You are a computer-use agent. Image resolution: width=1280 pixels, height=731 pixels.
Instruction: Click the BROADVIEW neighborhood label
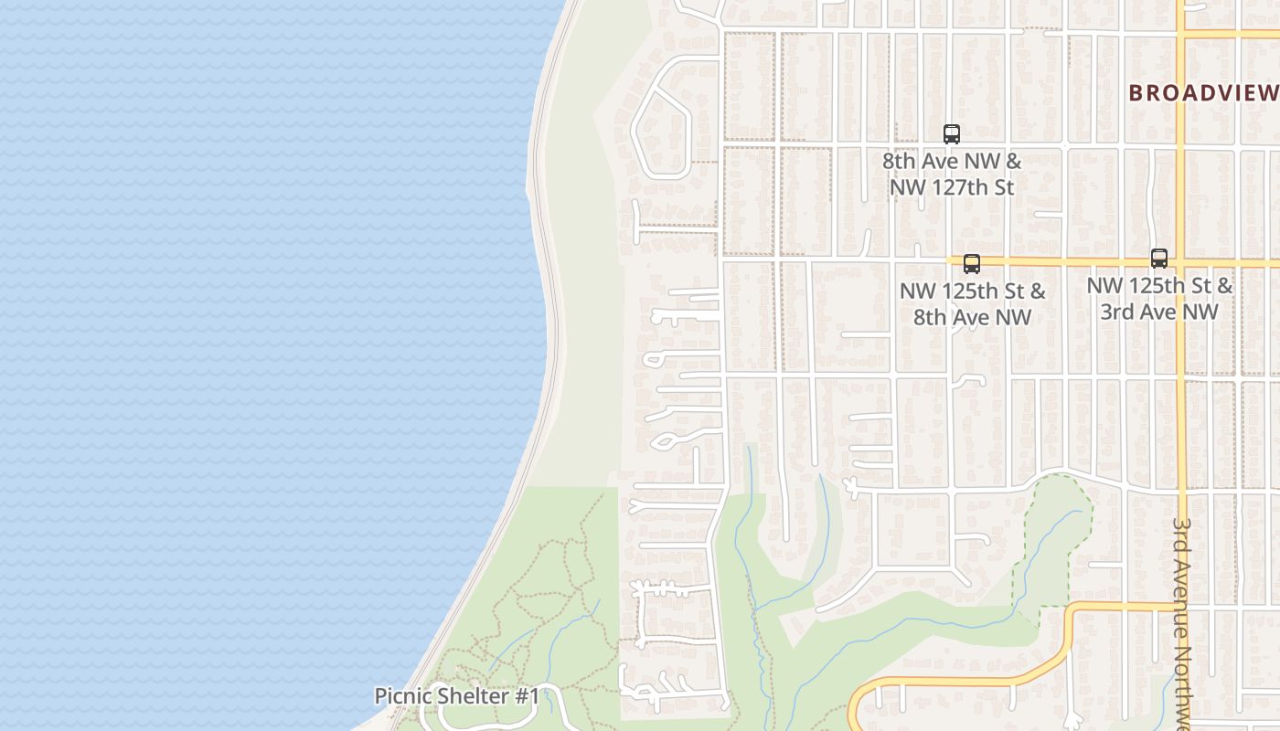[1203, 92]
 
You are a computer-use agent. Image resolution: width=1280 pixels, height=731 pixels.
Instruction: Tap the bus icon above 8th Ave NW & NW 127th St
[952, 134]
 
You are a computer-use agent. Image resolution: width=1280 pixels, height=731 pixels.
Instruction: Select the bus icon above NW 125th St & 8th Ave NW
[972, 264]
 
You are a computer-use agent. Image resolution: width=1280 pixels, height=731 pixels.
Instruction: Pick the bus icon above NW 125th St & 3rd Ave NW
[1159, 259]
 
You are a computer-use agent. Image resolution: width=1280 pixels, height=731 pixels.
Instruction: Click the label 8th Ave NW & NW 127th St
[952, 174]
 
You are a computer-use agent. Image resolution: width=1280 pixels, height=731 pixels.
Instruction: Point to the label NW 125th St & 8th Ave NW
[973, 304]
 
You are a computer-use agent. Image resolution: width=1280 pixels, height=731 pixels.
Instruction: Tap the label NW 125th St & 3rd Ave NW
[1159, 299]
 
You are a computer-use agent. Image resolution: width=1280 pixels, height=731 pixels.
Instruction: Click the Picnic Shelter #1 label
[457, 696]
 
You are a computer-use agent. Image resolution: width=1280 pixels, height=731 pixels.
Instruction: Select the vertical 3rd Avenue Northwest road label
[1183, 621]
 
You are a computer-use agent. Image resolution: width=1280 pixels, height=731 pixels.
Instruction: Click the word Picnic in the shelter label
[403, 696]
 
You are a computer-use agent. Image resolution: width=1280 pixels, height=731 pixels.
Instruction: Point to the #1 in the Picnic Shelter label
[527, 696]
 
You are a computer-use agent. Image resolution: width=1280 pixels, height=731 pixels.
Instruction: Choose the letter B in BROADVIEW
[1136, 92]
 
